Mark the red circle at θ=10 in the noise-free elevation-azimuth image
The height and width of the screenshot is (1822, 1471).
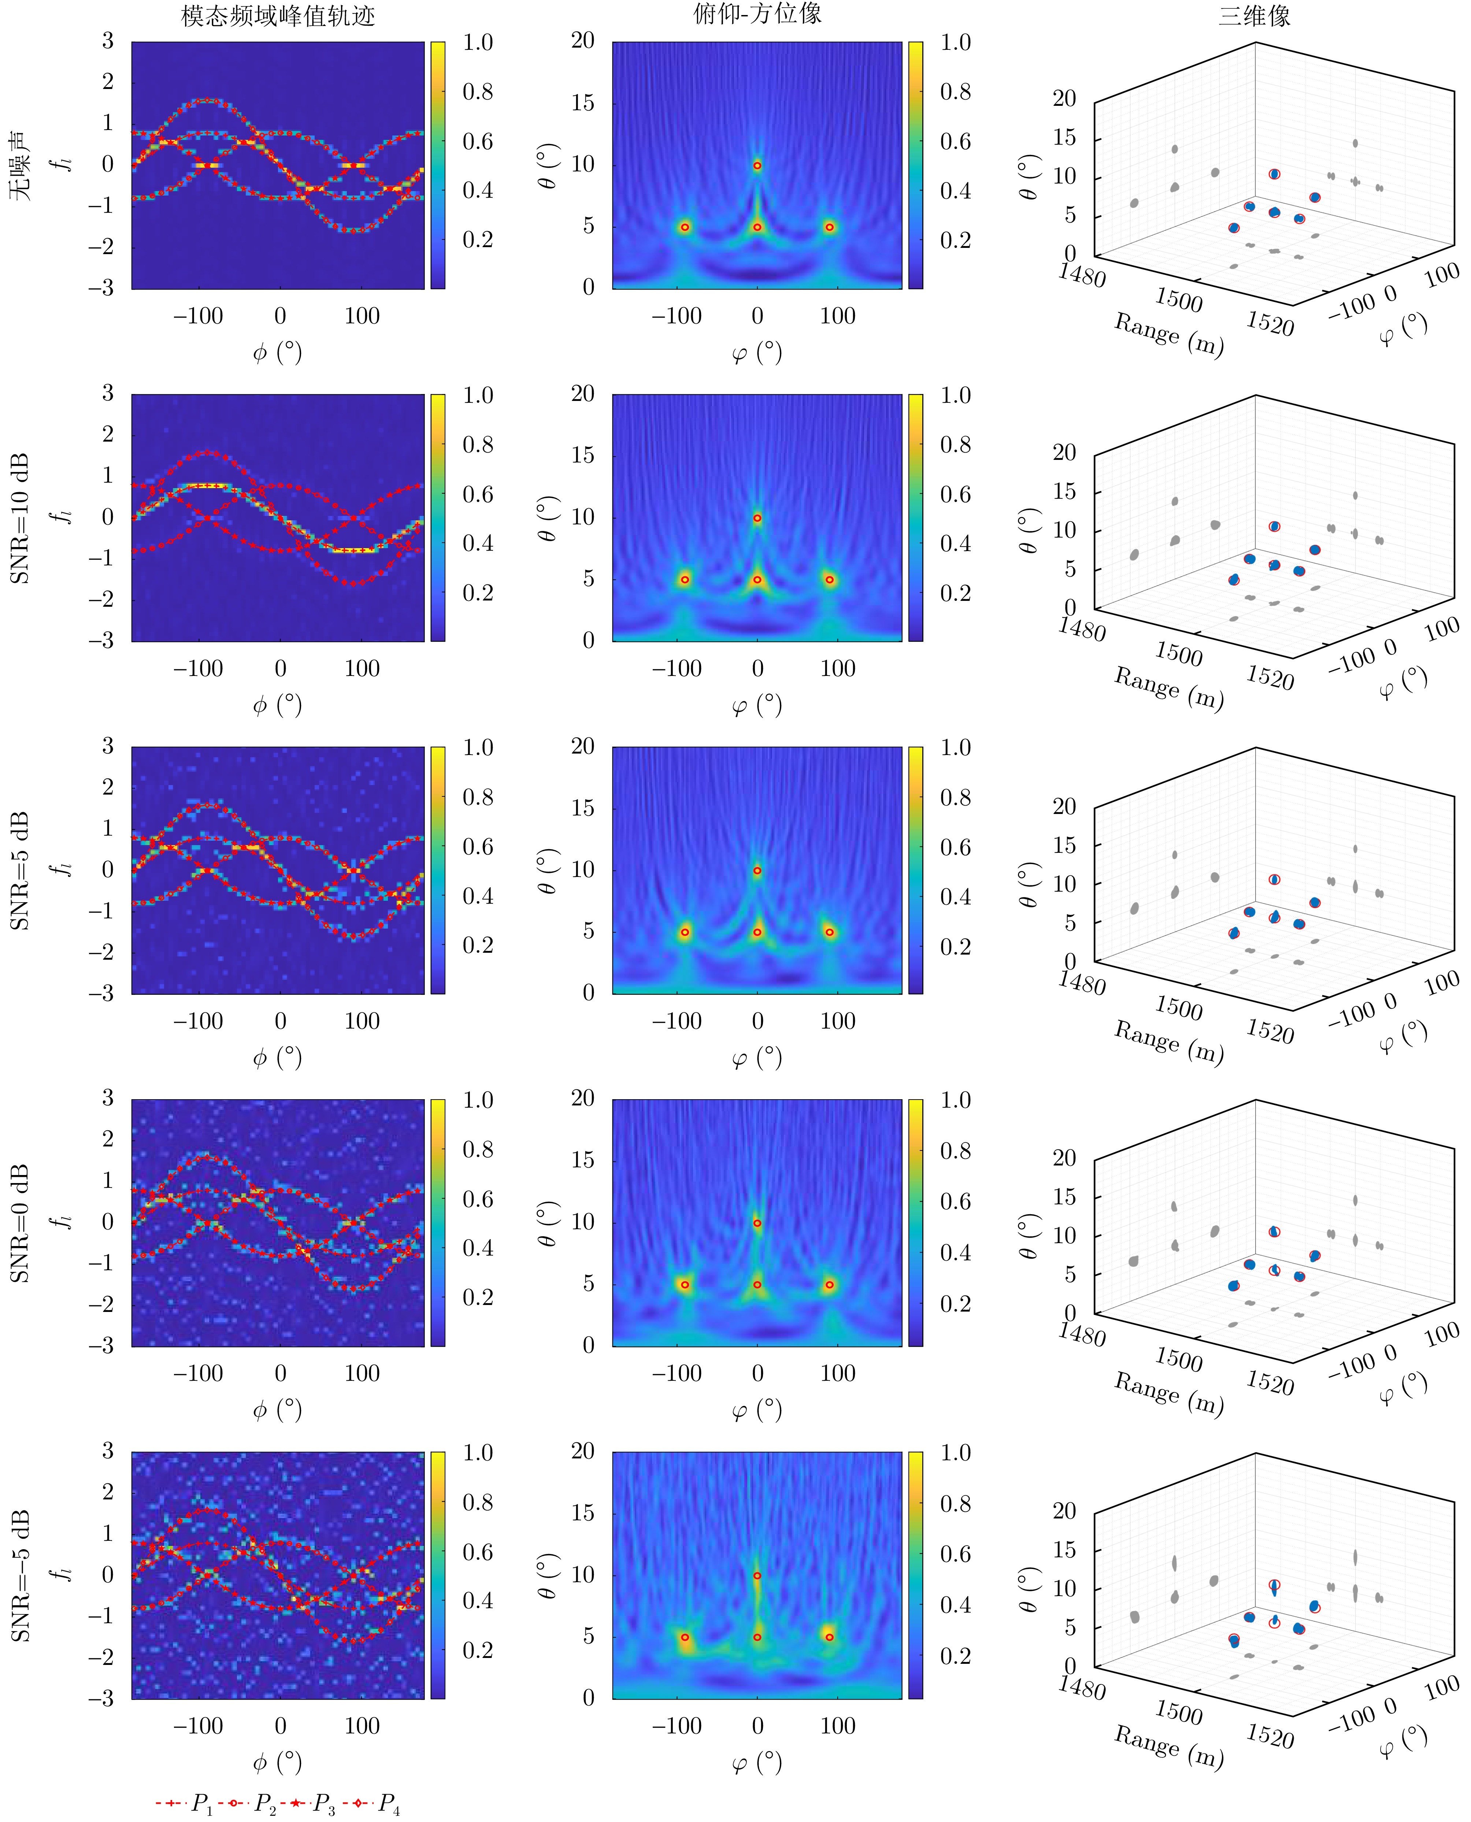757,165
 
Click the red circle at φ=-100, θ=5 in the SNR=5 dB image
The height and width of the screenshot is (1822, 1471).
685,932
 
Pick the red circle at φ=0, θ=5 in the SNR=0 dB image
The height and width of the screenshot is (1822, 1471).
757,1285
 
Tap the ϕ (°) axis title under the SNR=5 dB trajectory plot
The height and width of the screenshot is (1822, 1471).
277,1057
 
